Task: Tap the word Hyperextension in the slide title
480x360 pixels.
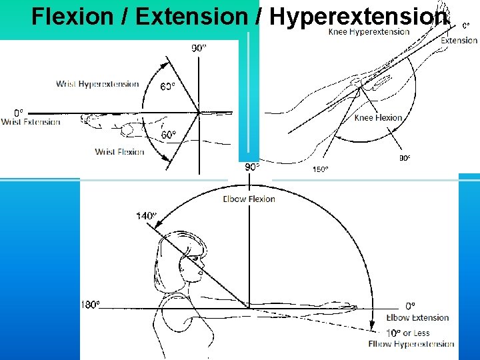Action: (358, 17)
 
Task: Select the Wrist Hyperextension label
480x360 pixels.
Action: (97, 84)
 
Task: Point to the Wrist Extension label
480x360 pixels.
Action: (31, 122)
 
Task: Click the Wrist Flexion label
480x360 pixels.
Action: (119, 152)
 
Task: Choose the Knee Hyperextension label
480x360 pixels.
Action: (369, 32)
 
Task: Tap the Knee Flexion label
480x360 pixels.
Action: (378, 118)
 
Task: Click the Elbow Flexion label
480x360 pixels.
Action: (249, 199)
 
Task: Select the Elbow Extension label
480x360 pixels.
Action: (417, 318)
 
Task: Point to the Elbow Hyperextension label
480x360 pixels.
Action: (411, 344)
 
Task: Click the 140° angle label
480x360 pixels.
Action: (146, 215)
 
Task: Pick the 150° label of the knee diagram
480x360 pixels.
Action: (320, 169)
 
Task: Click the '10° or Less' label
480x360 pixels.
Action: (407, 333)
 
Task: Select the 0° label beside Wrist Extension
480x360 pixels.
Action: (19, 112)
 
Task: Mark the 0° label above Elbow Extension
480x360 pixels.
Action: (411, 305)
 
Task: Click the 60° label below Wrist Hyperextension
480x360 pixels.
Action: (168, 86)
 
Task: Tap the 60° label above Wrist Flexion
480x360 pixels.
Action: (169, 135)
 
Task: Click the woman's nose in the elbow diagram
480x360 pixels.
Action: (201, 271)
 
